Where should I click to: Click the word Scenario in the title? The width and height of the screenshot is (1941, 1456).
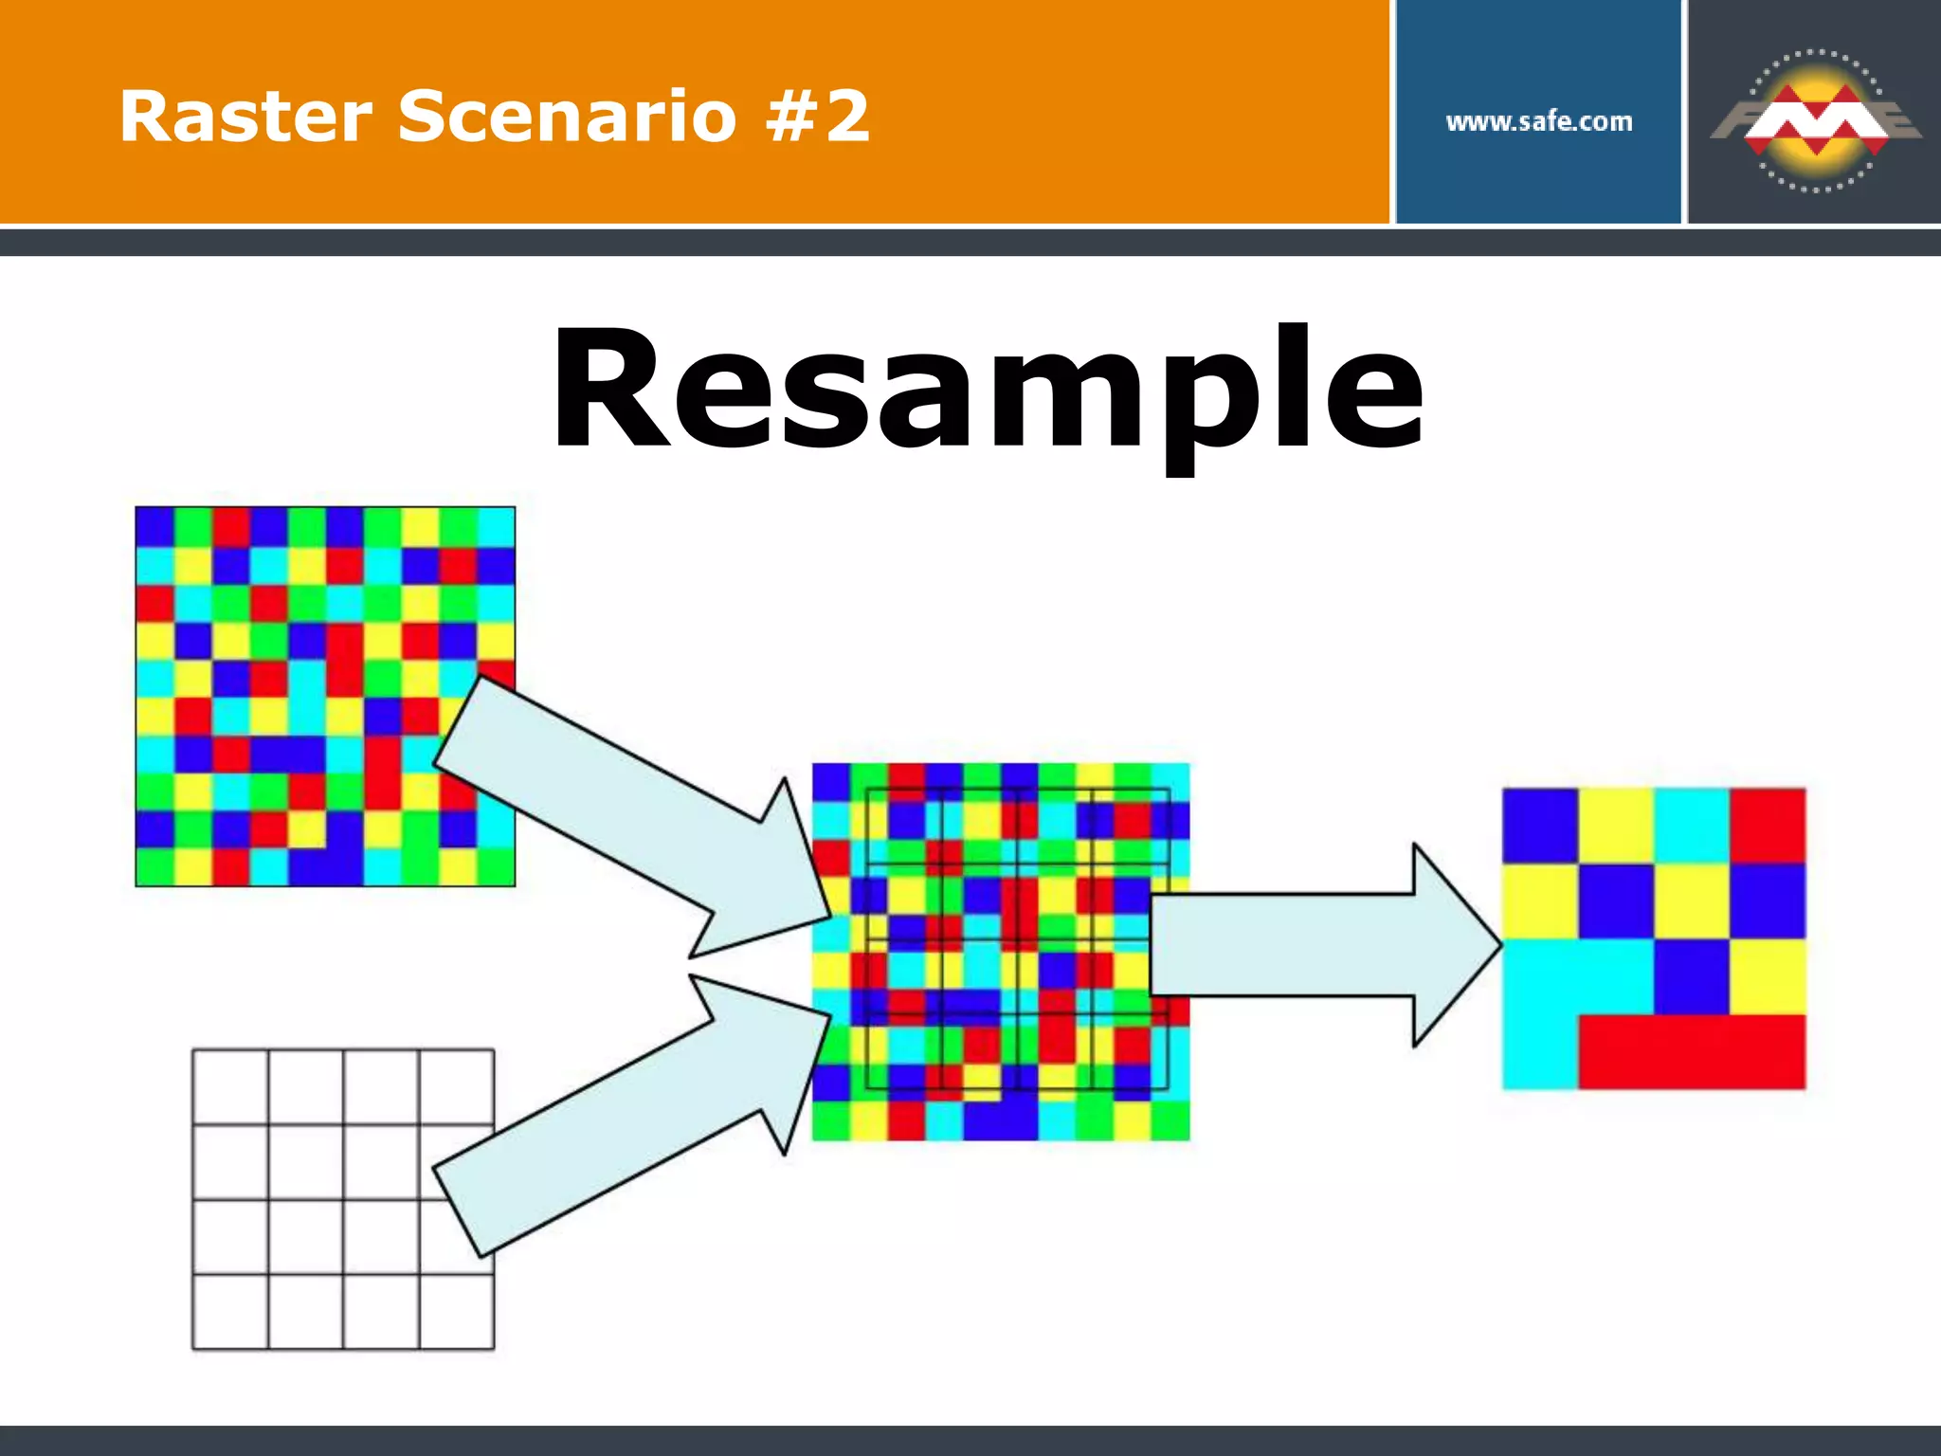pyautogui.click(x=567, y=117)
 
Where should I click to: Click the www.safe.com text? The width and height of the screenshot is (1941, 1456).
pyautogui.click(x=1538, y=121)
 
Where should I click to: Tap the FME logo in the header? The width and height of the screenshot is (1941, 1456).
pyautogui.click(x=1814, y=120)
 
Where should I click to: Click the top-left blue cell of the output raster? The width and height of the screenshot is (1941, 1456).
pyautogui.click(x=1540, y=825)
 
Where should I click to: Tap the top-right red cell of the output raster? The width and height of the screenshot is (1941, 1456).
pyautogui.click(x=1768, y=825)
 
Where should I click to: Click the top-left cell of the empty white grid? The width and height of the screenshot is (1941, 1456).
pyautogui.click(x=230, y=1086)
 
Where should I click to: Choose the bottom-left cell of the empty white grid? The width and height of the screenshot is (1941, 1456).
pyautogui.click(x=230, y=1312)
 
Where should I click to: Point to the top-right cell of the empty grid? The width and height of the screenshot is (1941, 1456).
pyautogui.click(x=457, y=1086)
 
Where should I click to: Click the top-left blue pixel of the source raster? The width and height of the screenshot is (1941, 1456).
pyautogui.click(x=154, y=526)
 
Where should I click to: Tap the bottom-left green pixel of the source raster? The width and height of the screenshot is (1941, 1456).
pyautogui.click(x=154, y=867)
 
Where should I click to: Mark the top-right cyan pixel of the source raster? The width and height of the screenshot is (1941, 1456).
pyautogui.click(x=496, y=526)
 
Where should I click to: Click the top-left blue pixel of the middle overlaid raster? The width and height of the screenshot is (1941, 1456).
pyautogui.click(x=831, y=782)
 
